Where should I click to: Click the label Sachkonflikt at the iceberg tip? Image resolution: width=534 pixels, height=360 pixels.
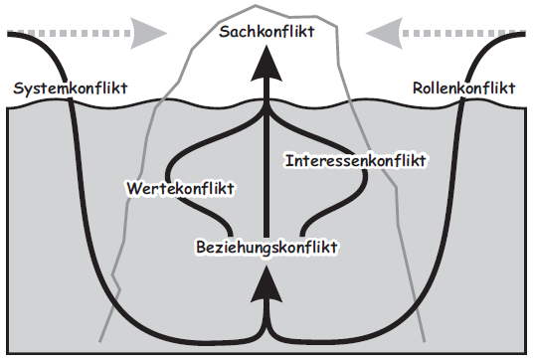point(267,33)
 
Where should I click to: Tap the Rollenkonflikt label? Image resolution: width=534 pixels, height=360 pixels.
point(463,90)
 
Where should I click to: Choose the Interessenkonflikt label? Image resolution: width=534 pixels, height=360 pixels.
point(355,159)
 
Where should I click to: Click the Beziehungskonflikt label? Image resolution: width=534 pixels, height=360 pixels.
point(267,246)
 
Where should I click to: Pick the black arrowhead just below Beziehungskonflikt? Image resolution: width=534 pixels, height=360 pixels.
point(266,285)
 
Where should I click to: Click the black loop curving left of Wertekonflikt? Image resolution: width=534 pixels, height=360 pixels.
point(172,159)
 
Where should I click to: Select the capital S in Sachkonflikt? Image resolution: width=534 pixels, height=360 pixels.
point(223,33)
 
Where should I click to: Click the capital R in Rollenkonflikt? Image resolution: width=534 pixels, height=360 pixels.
point(417,90)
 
